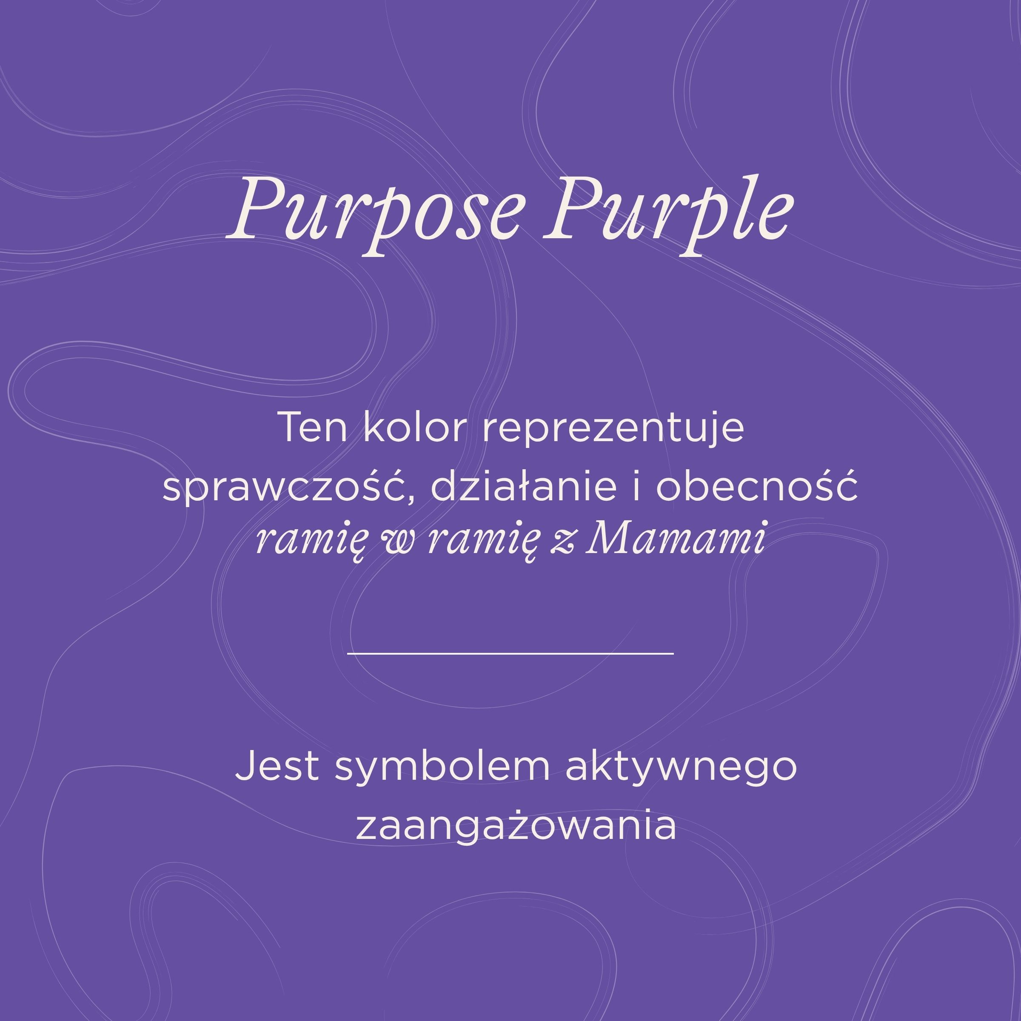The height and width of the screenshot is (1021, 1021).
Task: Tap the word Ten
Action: (312, 428)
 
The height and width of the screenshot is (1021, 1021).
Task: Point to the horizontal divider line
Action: (510, 654)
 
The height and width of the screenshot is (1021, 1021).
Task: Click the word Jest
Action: (277, 767)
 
